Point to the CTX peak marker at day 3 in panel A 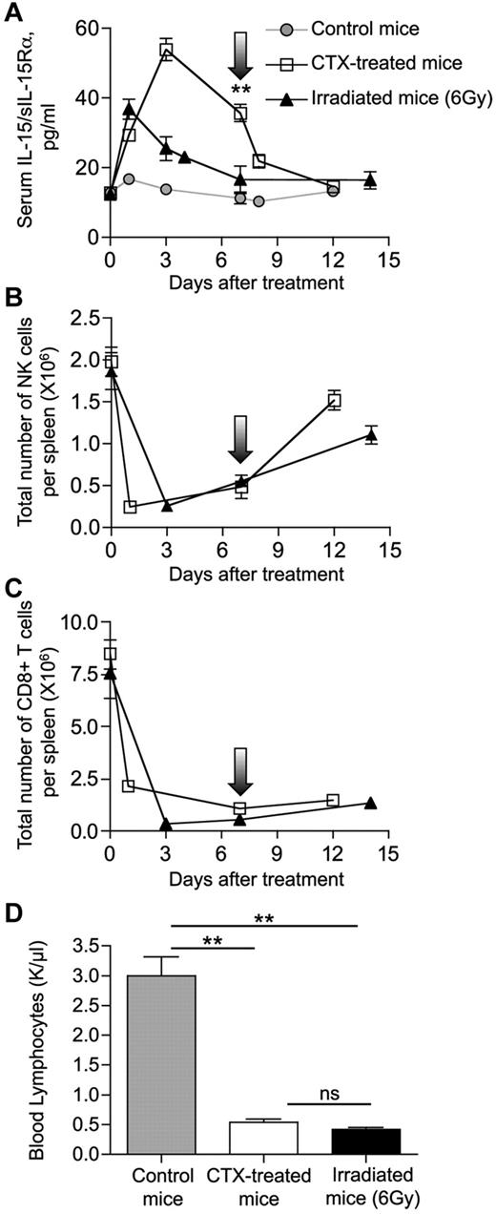point(166,52)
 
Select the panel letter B point(13,283)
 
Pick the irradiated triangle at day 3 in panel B point(166,506)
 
